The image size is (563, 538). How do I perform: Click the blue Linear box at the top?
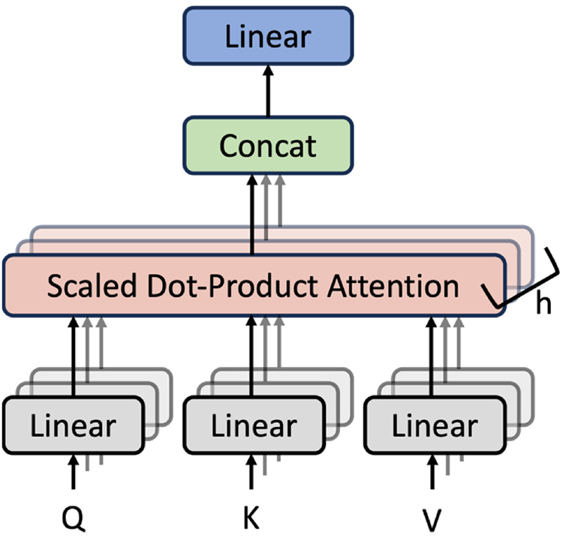coord(268,35)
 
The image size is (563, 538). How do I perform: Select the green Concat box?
coord(268,144)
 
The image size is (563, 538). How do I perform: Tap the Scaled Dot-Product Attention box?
coord(253,286)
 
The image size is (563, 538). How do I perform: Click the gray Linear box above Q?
coord(73,425)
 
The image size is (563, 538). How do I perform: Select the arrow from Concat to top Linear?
coord(268,90)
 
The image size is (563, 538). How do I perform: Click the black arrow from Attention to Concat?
coord(253,214)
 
